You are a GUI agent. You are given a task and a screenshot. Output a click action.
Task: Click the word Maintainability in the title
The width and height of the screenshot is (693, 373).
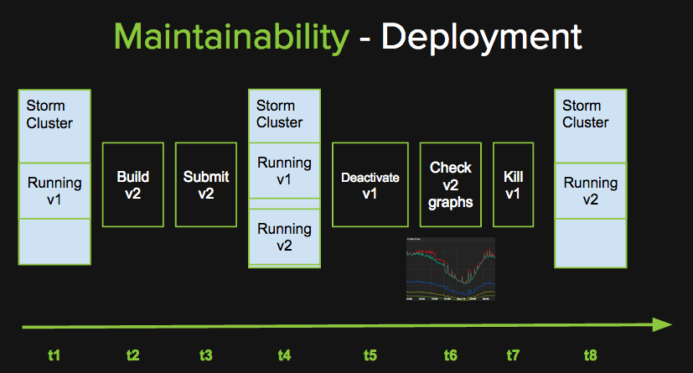pyautogui.click(x=230, y=36)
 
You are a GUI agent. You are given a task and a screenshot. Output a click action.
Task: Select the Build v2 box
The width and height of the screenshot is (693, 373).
pyautogui.click(x=133, y=184)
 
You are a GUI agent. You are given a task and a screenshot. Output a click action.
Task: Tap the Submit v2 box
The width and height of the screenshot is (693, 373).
pyautogui.click(x=206, y=184)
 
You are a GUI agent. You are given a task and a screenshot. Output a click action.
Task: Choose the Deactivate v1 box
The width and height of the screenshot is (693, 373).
pyautogui.click(x=370, y=184)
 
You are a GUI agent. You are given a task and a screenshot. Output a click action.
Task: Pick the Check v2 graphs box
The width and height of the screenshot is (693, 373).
pyautogui.click(x=451, y=184)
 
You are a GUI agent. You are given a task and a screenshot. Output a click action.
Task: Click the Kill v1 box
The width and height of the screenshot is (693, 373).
pyautogui.click(x=513, y=184)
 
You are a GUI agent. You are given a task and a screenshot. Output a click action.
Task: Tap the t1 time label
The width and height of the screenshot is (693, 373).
pyautogui.click(x=54, y=355)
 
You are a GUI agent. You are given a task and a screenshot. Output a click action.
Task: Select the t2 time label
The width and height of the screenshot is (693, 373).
pyautogui.click(x=132, y=355)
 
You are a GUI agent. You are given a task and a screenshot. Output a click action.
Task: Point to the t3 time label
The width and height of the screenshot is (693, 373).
pyautogui.click(x=205, y=355)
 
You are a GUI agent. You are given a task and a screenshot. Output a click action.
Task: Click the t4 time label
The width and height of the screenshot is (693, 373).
pyautogui.click(x=284, y=355)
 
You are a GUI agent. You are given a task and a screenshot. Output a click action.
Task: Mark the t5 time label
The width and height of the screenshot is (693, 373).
pyautogui.click(x=370, y=355)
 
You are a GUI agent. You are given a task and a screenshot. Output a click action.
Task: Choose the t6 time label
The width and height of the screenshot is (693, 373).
pyautogui.click(x=450, y=355)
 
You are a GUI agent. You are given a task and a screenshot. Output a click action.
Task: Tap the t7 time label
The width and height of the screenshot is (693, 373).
pyautogui.click(x=513, y=355)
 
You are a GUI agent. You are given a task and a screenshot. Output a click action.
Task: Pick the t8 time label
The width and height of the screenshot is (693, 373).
pyautogui.click(x=592, y=355)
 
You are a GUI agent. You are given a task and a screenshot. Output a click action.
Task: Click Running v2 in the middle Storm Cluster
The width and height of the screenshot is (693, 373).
pyautogui.click(x=284, y=236)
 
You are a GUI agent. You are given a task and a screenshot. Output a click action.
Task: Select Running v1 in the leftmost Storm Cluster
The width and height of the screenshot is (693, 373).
pyautogui.click(x=54, y=191)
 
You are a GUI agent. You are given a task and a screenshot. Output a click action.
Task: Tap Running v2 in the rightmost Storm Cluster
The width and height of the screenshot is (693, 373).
pyautogui.click(x=591, y=191)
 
